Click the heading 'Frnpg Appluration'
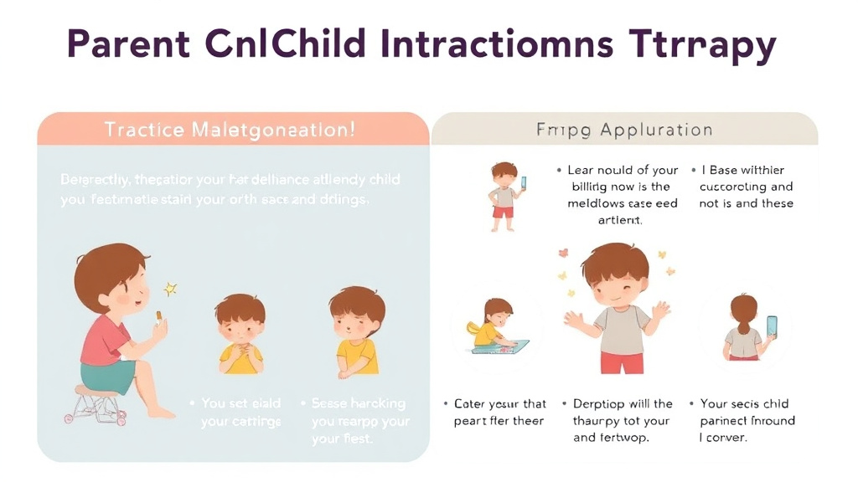pos(624,131)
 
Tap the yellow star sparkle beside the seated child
pos(171,289)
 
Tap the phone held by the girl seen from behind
pos(771,327)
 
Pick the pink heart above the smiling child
pos(563,253)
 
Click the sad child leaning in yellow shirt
pos(357,331)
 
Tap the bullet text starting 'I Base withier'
pos(746,187)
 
